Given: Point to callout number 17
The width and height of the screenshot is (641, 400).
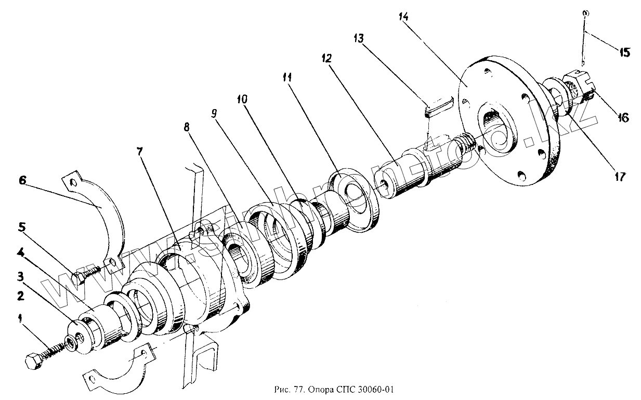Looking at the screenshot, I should [x=619, y=177].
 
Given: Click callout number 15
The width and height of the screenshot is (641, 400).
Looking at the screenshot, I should [x=624, y=52].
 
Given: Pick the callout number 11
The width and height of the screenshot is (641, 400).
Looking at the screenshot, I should [x=287, y=77].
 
